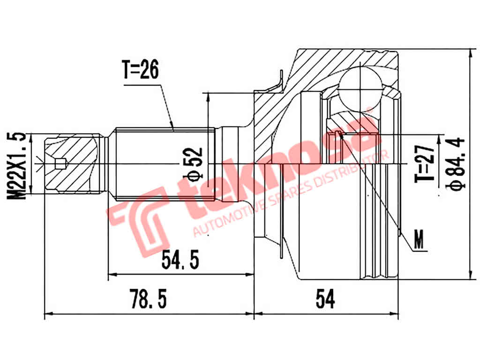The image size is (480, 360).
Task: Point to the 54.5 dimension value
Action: [180, 259]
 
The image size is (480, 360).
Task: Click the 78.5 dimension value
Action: [148, 299]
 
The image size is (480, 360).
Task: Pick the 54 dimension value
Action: [325, 299]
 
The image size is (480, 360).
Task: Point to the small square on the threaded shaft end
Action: [60, 164]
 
